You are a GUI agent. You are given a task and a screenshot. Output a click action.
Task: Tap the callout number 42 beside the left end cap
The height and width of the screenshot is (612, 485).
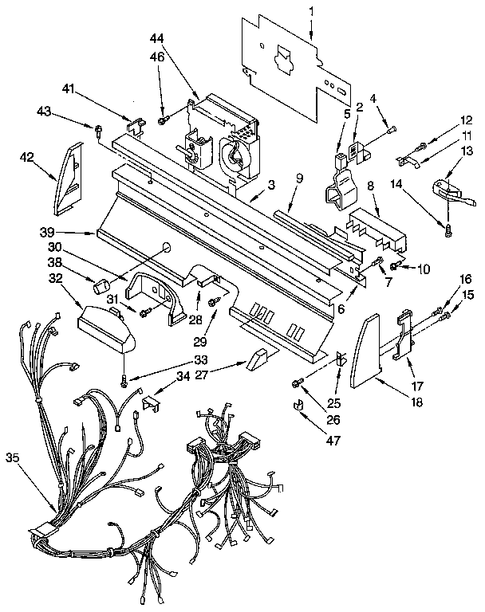[26, 158]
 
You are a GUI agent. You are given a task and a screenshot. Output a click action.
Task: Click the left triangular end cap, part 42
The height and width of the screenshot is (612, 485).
[69, 179]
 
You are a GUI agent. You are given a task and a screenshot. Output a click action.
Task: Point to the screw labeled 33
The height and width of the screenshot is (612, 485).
[124, 382]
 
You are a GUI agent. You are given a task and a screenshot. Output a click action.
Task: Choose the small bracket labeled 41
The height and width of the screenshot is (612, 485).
[135, 125]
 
